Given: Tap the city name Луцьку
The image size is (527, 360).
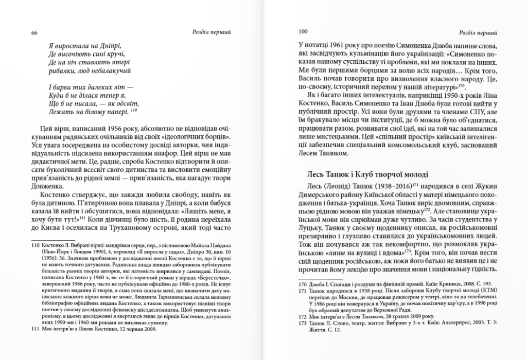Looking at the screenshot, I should pos(312,238).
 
